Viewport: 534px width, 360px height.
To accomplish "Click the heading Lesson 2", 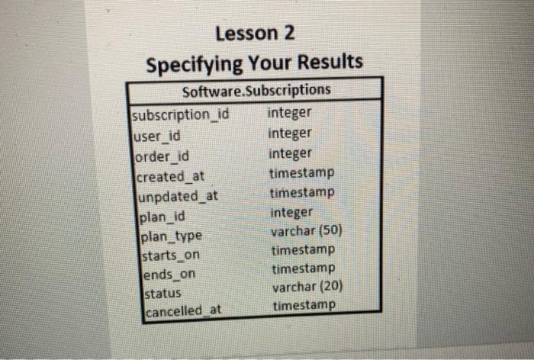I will [x=255, y=34].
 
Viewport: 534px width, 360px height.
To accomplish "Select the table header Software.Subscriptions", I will [x=256, y=91].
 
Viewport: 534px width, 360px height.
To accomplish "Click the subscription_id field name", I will [x=181, y=116].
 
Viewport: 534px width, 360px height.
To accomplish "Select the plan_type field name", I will [x=169, y=236].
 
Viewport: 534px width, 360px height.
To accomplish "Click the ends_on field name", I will [x=162, y=273].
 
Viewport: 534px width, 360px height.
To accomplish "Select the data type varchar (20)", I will [x=308, y=287].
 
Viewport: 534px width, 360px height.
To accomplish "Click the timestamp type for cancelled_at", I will [x=304, y=305].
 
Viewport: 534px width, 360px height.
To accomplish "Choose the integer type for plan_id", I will [x=291, y=211].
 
